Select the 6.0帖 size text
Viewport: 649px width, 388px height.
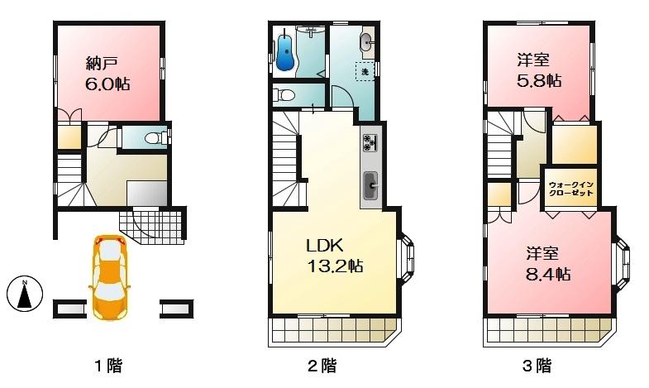click(x=107, y=84)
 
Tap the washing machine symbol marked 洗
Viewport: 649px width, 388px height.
click(x=364, y=71)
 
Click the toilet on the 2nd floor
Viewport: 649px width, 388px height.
click(x=284, y=95)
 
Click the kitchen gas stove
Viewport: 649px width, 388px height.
click(x=370, y=142)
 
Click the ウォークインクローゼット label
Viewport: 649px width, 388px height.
click(x=570, y=188)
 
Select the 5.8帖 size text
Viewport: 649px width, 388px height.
click(x=540, y=81)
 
